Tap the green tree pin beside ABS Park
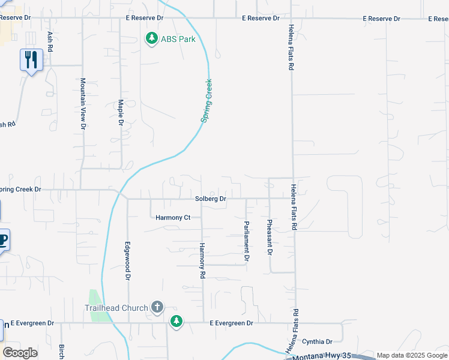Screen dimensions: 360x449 coord(152,39)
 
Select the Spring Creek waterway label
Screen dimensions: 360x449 coord(206,101)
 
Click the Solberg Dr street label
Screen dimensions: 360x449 coord(210,199)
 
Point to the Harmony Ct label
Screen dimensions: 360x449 coord(172,217)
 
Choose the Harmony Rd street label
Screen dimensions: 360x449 coord(202,260)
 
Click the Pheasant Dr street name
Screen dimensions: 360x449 coord(270,238)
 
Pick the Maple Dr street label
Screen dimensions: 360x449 coord(121,112)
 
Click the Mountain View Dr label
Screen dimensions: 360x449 coord(83,103)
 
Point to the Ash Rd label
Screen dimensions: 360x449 coord(50,41)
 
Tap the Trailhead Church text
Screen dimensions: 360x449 coord(115,308)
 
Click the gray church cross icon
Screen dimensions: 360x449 coord(157,308)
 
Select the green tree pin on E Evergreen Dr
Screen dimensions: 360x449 coord(176,322)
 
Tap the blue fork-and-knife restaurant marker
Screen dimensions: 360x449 coord(31,60)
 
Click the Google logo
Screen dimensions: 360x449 coord(20,353)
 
